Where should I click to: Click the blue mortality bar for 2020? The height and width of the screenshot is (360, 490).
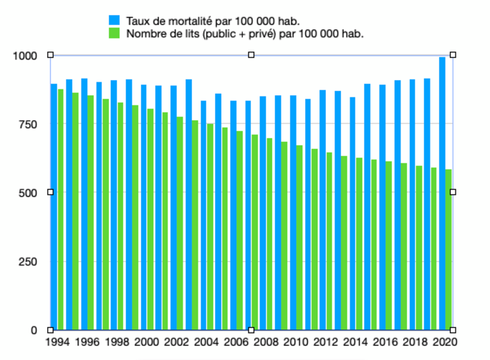click(x=442, y=193)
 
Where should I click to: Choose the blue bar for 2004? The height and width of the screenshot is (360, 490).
click(x=203, y=215)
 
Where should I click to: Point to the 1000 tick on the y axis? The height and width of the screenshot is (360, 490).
click(x=27, y=55)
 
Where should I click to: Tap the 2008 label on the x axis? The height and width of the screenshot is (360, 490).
click(x=266, y=343)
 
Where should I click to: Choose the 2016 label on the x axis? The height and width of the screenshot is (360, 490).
click(x=386, y=343)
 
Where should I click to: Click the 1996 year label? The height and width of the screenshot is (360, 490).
click(x=87, y=343)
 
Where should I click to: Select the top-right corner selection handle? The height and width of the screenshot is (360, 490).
click(x=453, y=55)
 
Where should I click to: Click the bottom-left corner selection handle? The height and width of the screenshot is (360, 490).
click(x=50, y=330)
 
